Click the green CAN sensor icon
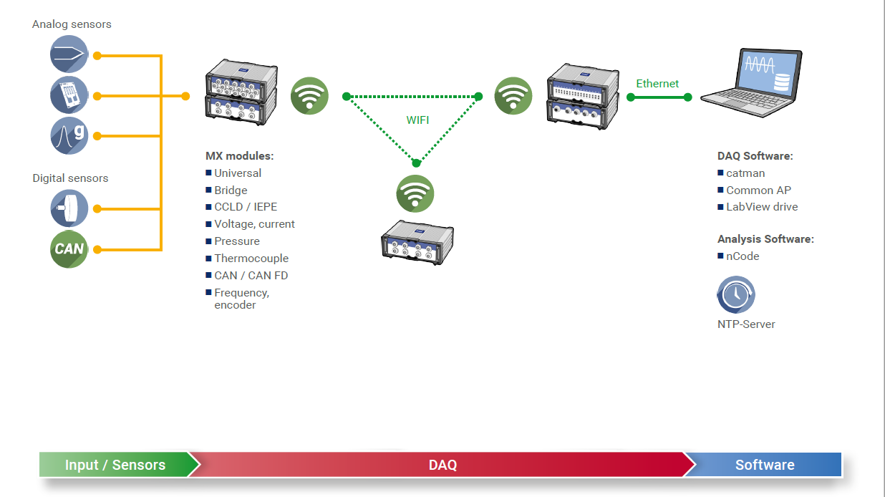pyautogui.click(x=69, y=249)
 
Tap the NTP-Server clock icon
pyautogui.click(x=736, y=295)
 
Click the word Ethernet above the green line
pyautogui.click(x=657, y=84)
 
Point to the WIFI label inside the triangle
pyautogui.click(x=417, y=120)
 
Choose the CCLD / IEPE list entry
pyautogui.click(x=246, y=207)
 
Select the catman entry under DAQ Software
pyautogui.click(x=745, y=173)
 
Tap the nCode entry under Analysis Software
pyautogui.click(x=743, y=256)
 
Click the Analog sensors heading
pyautogui.click(x=72, y=24)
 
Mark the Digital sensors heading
pyautogui.click(x=70, y=178)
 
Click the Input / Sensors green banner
pyautogui.click(x=115, y=465)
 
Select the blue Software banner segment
pyautogui.click(x=765, y=465)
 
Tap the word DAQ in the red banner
pyautogui.click(x=442, y=465)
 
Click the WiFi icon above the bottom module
pyautogui.click(x=415, y=193)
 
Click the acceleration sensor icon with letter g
pyautogui.click(x=69, y=135)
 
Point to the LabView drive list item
pyautogui.click(x=762, y=207)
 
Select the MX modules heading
pyautogui.click(x=240, y=156)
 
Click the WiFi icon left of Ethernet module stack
pyautogui.click(x=513, y=96)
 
